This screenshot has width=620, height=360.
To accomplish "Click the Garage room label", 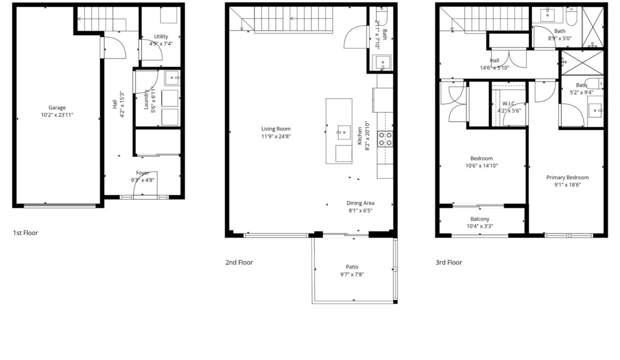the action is tap(57, 107).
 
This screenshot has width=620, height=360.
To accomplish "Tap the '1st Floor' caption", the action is tap(25, 232).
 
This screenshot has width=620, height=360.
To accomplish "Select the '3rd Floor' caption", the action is tap(448, 262).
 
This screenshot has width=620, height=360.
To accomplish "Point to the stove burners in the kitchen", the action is tap(385, 139).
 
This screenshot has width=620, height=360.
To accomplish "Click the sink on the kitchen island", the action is tap(344, 132).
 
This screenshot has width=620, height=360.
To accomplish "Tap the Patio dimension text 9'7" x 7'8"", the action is tap(352, 274).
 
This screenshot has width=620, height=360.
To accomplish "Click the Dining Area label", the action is tap(360, 203).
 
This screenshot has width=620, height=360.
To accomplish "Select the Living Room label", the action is tap(276, 129).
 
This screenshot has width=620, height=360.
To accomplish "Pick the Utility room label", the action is tap(161, 36).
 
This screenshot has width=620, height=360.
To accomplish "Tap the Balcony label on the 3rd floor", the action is tap(479, 219).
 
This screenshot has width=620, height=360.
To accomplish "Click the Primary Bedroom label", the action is tap(567, 177).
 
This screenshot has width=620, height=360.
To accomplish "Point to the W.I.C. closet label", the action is tap(509, 103).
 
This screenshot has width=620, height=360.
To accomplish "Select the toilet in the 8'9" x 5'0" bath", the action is tap(571, 16).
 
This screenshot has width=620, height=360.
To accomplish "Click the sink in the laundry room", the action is tap(172, 78).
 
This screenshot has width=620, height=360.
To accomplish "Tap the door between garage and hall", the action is tap(113, 47).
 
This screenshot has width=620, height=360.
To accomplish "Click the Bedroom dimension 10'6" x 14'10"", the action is tap(481, 165).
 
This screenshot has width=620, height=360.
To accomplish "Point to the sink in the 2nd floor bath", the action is tap(382, 63).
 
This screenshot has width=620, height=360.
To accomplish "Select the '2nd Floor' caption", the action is tap(239, 262).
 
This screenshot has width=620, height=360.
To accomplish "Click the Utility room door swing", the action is tap(151, 50).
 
